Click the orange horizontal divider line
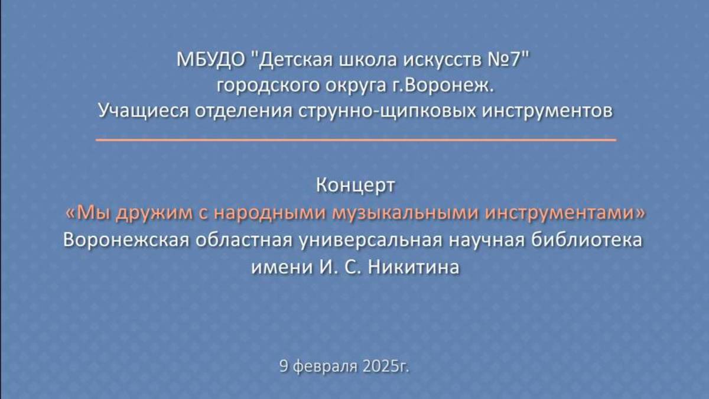[355, 140]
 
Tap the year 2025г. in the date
[384, 366]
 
